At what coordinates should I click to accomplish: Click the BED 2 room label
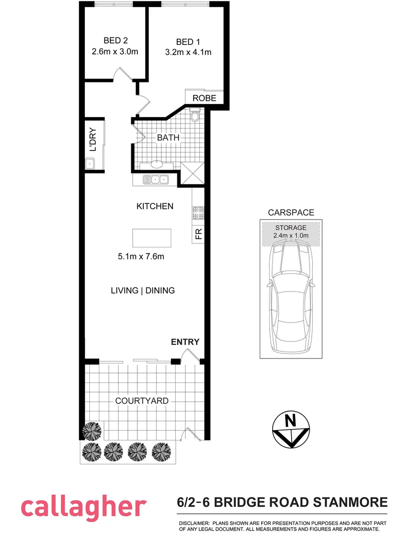point(114,40)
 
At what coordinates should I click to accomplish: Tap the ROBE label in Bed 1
point(205,98)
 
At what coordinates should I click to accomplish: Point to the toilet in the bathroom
point(195,117)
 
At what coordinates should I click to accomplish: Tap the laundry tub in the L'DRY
point(90,163)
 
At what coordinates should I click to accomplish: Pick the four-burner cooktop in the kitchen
point(198,213)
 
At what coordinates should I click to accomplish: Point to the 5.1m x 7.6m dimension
point(141,257)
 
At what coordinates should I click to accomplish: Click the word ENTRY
point(185,342)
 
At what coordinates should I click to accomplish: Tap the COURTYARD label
point(142,400)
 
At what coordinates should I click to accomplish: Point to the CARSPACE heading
point(290,212)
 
